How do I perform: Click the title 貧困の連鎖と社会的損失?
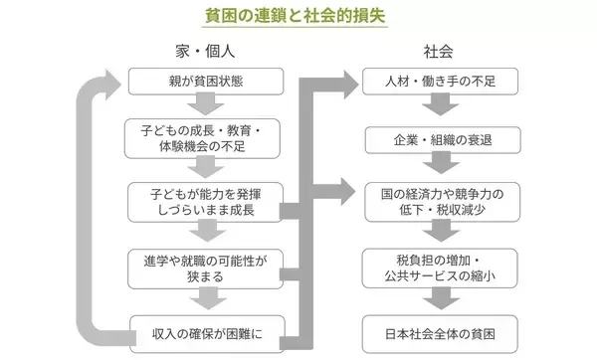(x=298, y=17)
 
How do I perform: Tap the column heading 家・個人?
(x=204, y=51)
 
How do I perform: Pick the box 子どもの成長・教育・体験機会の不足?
(x=204, y=138)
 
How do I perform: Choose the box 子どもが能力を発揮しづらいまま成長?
(x=204, y=201)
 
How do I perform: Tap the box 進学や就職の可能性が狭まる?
(x=204, y=265)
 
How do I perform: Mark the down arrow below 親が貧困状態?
(x=204, y=106)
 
